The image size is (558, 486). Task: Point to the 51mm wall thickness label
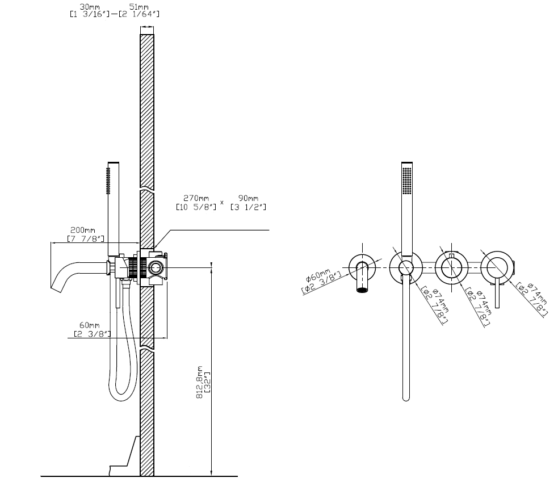[136, 7]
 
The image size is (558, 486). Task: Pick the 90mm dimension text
[248, 199]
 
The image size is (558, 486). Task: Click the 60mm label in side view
[89, 325]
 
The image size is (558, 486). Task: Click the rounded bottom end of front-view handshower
[405, 397]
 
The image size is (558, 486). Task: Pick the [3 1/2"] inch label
[248, 207]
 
